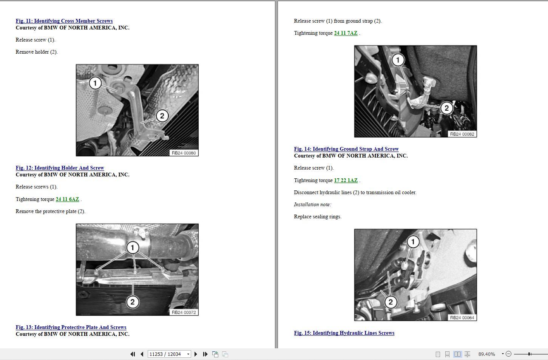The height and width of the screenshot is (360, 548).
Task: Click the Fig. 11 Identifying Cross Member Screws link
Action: point(64,21)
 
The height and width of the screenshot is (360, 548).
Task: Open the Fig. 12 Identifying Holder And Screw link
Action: point(60,168)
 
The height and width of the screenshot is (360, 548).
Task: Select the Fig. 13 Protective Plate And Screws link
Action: point(71,327)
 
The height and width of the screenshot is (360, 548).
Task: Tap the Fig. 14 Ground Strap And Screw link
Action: point(346,149)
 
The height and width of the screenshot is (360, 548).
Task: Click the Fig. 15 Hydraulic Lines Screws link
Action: point(344,333)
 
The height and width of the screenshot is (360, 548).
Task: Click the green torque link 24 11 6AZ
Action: point(67,199)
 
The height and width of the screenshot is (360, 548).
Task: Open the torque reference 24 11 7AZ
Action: point(346,33)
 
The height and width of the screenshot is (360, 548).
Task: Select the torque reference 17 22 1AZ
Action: point(346,180)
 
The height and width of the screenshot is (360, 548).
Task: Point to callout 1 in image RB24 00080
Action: point(95,83)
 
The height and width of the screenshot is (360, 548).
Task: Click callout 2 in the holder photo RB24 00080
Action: point(162,116)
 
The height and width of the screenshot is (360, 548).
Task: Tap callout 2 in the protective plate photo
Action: point(132,302)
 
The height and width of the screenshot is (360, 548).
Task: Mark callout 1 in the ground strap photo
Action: point(398,60)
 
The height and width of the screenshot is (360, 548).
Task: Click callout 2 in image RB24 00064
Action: point(391,302)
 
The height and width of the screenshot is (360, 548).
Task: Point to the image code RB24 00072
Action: point(184,312)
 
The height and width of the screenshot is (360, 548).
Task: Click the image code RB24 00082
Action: point(462,134)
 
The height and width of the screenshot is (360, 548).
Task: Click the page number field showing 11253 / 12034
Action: point(167,354)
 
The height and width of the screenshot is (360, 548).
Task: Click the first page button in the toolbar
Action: point(133,354)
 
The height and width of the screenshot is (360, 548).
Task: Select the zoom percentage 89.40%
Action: point(486,354)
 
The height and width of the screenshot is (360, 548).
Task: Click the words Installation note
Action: point(312,205)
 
